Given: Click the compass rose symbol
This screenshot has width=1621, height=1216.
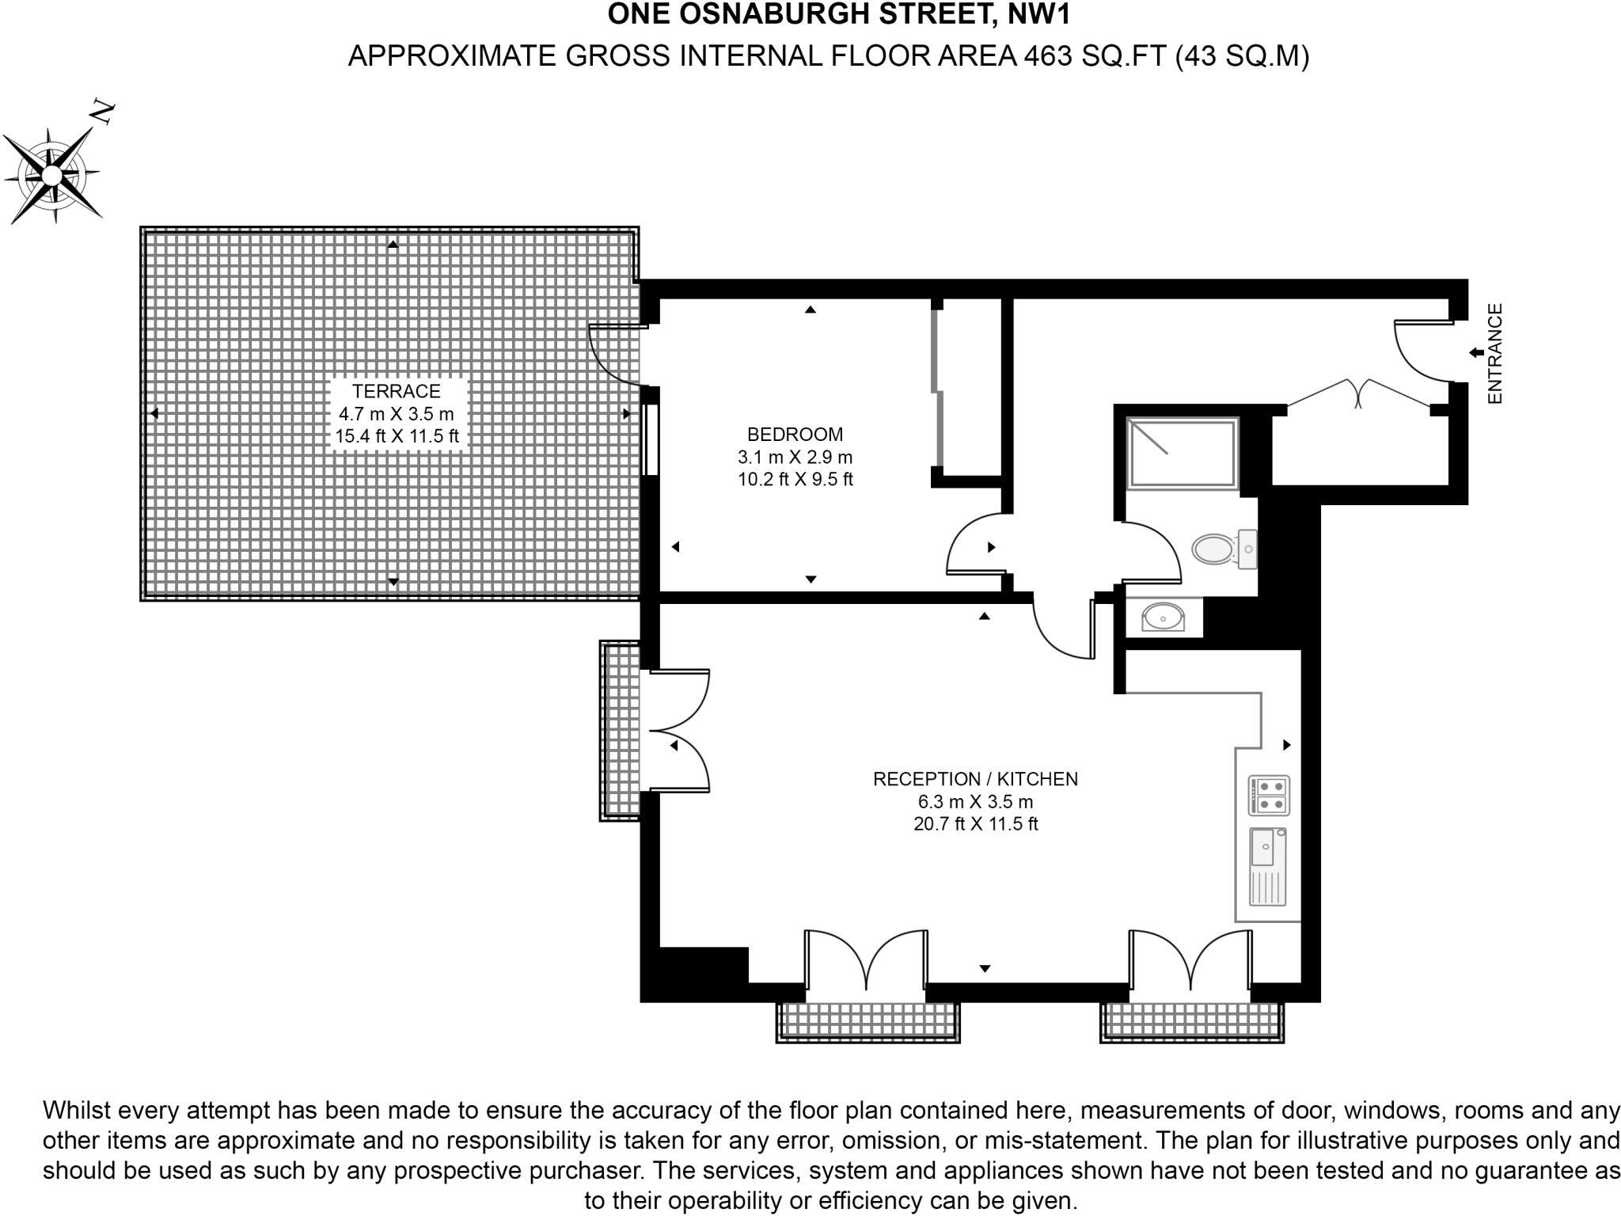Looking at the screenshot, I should click(x=52, y=175).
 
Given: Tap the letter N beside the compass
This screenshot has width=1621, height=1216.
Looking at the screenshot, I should click(x=103, y=112).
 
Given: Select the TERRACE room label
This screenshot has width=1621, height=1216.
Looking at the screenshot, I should click(x=396, y=391).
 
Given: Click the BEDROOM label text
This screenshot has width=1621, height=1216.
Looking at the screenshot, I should click(x=795, y=434).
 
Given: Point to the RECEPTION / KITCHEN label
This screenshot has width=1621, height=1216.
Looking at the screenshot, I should click(x=975, y=779).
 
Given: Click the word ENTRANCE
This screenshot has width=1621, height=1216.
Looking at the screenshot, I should click(x=1494, y=354).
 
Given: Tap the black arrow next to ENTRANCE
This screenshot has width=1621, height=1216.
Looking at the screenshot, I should click(x=1476, y=352).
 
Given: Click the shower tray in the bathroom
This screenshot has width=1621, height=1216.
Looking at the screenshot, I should click(x=1182, y=453).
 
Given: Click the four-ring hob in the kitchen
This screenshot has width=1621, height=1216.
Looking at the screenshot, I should click(x=1269, y=795).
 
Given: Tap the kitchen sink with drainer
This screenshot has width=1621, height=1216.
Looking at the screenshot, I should click(x=1267, y=866).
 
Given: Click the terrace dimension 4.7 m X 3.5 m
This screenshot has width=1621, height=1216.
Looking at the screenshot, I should click(x=396, y=413).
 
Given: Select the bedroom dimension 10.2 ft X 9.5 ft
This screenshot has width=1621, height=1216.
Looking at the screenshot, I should click(x=795, y=479).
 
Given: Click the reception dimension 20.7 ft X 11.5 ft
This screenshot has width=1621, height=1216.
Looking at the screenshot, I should click(x=975, y=824).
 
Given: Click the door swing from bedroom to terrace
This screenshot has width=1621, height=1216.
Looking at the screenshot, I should click(x=613, y=356).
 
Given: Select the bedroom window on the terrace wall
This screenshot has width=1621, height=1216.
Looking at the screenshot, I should click(x=651, y=439).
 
